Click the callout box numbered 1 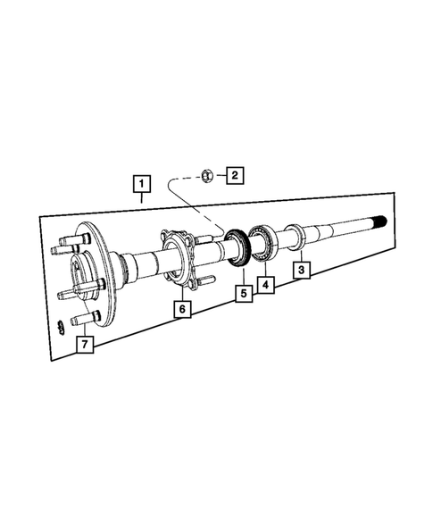(140, 185)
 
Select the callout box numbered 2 (233, 175)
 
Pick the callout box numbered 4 (265, 285)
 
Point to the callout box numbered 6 (181, 309)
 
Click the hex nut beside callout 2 (204, 175)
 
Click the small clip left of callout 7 (60, 325)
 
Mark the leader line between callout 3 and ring (299, 254)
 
